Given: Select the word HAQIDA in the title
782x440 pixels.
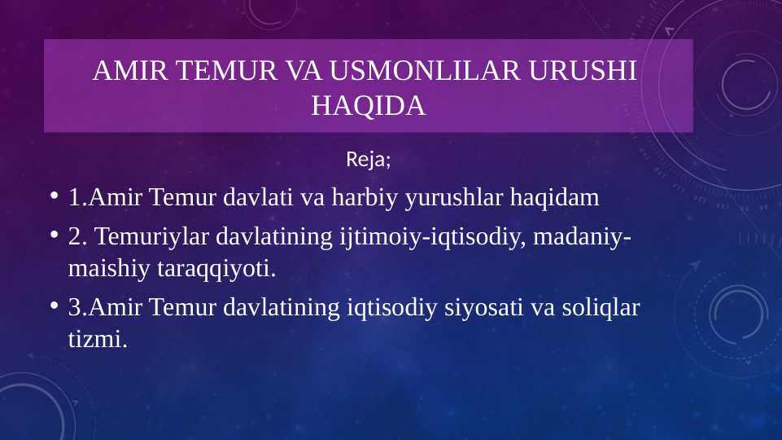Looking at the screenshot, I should (x=369, y=105).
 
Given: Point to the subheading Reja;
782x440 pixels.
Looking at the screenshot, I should (x=369, y=159).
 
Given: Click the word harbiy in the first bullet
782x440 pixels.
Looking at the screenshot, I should (x=369, y=197).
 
